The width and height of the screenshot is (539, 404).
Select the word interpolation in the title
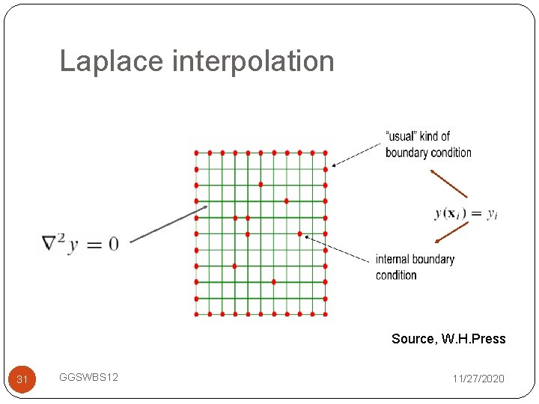click(253, 61)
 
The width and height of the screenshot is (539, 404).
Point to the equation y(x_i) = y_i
click(466, 213)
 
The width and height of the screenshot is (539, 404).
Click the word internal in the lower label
click(393, 260)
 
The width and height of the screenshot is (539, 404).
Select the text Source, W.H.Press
click(448, 339)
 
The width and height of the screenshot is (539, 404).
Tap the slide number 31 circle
click(22, 379)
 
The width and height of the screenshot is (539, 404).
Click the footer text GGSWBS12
click(88, 379)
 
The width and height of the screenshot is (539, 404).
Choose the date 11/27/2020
click(478, 379)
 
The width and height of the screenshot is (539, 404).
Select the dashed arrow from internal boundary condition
click(337, 248)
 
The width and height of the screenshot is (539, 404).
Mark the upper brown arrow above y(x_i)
click(448, 183)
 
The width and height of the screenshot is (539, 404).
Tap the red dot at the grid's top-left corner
click(196, 153)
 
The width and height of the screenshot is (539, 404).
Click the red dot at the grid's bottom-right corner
click(325, 314)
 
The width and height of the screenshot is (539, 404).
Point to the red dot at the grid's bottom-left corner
click(196, 314)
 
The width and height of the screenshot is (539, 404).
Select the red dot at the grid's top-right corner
click(325, 153)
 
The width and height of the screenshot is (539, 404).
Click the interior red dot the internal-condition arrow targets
click(299, 233)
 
